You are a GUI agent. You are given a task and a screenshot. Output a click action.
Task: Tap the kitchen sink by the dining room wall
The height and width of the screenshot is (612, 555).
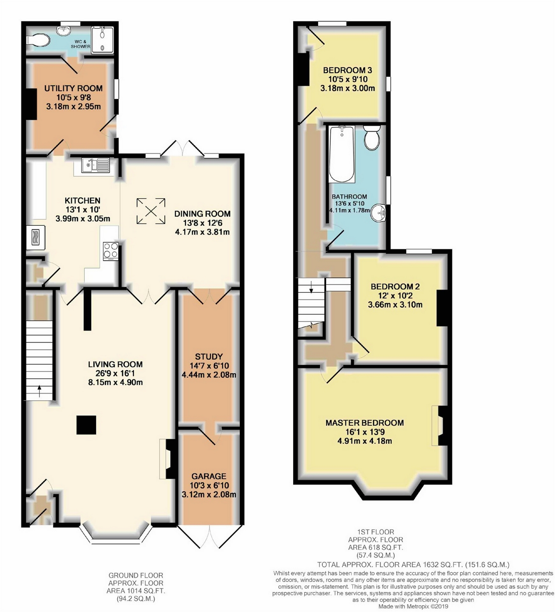click(95, 166)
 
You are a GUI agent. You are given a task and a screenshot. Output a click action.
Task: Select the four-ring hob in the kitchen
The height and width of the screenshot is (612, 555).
click(111, 251)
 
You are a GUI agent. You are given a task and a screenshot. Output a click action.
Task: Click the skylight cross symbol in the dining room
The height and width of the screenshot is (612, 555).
click(151, 211)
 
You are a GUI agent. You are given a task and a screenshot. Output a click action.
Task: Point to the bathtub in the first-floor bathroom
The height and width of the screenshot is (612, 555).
click(342, 154)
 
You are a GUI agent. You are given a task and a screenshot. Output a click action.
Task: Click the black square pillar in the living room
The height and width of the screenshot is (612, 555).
click(86, 425)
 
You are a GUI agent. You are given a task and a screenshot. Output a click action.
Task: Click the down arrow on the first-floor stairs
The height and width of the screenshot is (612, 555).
click(311, 287)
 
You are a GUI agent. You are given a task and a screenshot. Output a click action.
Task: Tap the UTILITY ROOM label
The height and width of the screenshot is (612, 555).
click(74, 88)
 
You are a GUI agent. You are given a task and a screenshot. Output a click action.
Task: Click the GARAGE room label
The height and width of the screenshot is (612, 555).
click(209, 476)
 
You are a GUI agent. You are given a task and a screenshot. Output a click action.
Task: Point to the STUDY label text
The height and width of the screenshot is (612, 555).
click(209, 357)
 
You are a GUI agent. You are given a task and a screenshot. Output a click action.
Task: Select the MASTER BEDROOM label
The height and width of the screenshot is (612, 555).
click(365, 423)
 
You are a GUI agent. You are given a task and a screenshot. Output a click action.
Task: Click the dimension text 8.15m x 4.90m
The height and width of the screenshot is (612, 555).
click(116, 382)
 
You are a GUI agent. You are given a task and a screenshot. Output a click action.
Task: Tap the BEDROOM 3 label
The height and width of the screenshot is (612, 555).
click(348, 70)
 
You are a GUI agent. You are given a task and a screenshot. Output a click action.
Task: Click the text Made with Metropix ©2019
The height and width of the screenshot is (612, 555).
click(414, 607)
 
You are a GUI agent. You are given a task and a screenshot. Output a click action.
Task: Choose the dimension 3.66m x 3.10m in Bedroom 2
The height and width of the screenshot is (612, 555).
click(395, 304)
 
